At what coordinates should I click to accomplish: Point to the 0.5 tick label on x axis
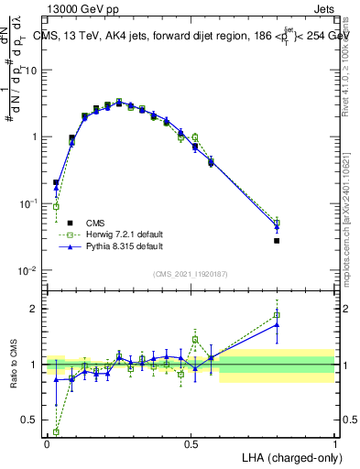[x=191, y=443]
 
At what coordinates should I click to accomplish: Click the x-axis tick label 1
[x=334, y=443]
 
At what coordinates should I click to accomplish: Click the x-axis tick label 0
[x=47, y=443]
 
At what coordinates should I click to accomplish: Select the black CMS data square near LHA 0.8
[x=277, y=241]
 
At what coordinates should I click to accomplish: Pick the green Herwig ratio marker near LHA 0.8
[x=277, y=315]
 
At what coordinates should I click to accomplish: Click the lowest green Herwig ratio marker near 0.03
[x=56, y=431]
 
